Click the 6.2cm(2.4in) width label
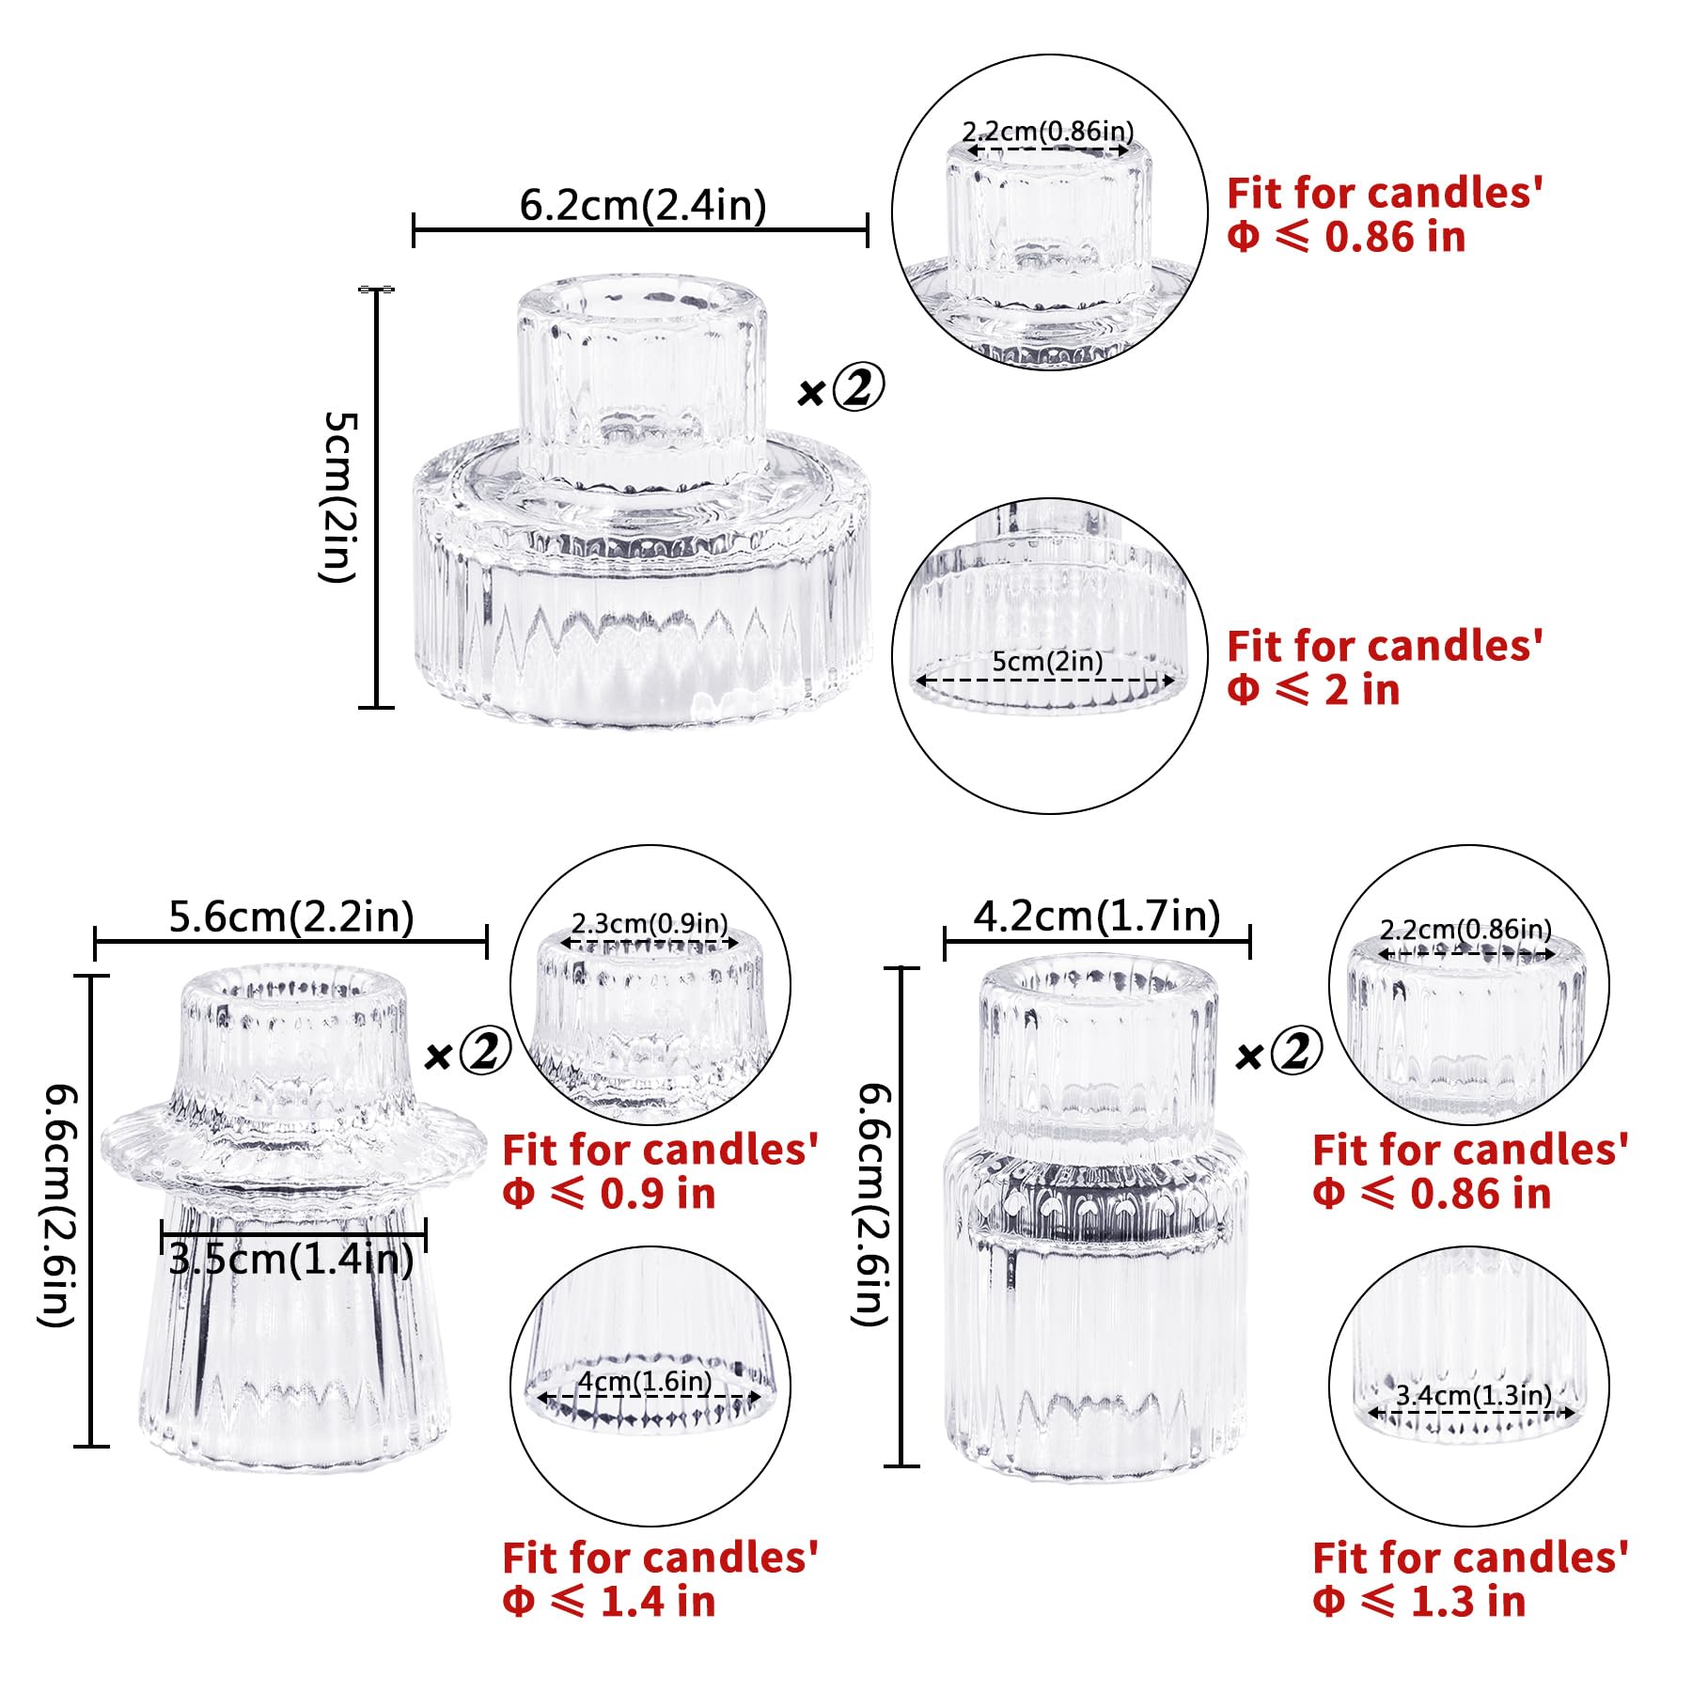click(x=643, y=205)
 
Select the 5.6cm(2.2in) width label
click(x=291, y=916)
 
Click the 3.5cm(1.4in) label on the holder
click(x=291, y=1259)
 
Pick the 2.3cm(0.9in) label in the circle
click(x=650, y=923)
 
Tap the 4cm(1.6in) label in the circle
click(x=645, y=1381)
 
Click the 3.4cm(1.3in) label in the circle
click(x=1473, y=1395)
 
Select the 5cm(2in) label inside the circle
click(x=1048, y=661)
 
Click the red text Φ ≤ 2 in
click(x=1313, y=690)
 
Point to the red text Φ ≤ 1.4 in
click(x=609, y=1601)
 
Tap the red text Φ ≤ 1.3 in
click(x=1419, y=1601)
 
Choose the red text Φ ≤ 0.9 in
click(x=609, y=1194)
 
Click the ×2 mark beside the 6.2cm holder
click(x=840, y=389)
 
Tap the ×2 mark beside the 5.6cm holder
click(x=467, y=1052)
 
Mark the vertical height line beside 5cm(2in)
click(x=377, y=498)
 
